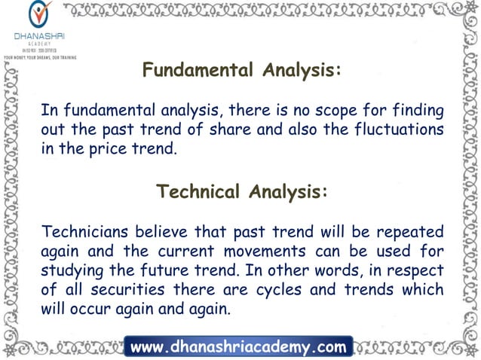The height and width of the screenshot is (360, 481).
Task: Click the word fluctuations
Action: [397, 129]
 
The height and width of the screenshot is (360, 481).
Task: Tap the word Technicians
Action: [84, 230]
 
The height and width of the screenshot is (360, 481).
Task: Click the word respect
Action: [414, 269]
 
